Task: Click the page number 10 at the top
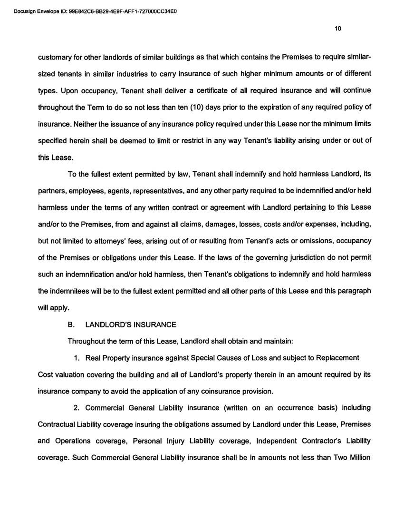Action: pos(338,29)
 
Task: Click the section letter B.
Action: pos(71,325)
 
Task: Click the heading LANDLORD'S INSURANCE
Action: pos(130,325)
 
